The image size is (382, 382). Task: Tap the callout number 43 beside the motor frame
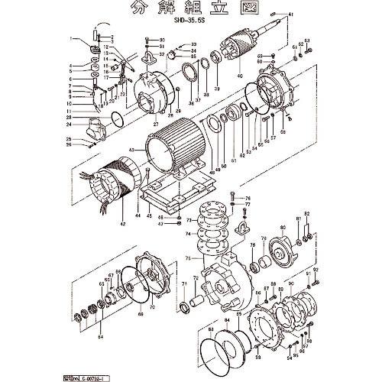(132, 150)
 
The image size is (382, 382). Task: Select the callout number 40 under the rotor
(239, 76)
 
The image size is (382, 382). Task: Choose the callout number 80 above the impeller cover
(282, 228)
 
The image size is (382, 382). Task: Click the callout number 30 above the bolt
(162, 39)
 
